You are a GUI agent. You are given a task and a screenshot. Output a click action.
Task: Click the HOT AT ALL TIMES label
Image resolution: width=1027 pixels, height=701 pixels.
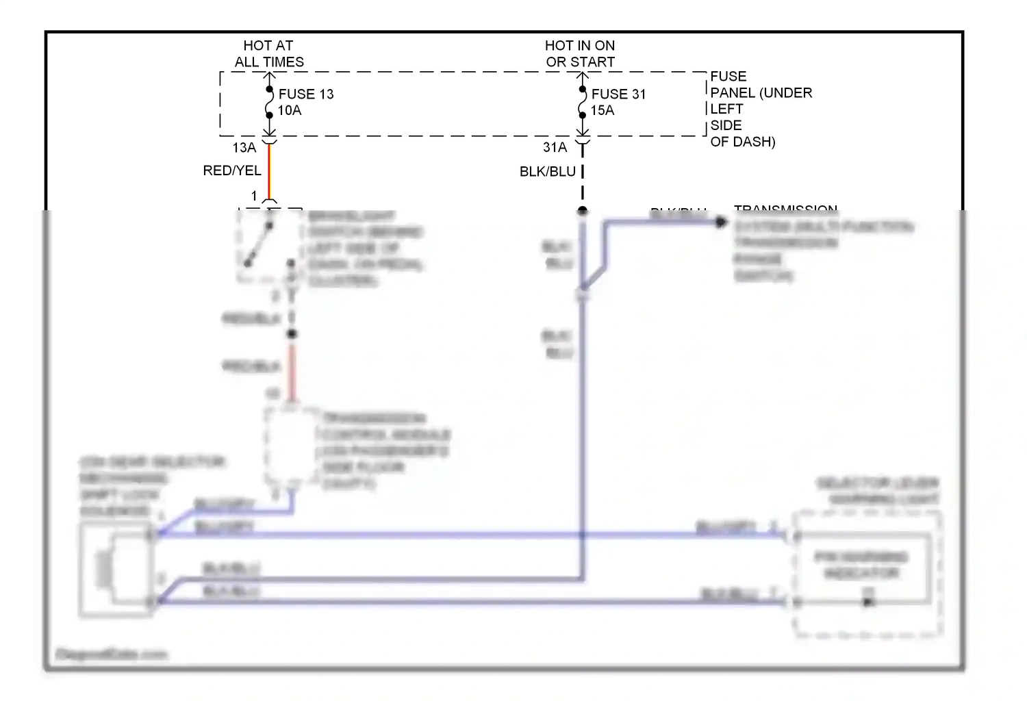coord(268,53)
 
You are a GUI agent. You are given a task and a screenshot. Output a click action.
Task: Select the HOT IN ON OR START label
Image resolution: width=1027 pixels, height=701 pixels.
coord(580,53)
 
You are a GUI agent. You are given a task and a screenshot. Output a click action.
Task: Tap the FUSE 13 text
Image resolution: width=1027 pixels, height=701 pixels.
coord(306,94)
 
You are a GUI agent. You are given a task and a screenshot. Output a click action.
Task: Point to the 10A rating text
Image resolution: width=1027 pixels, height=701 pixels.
coord(289,110)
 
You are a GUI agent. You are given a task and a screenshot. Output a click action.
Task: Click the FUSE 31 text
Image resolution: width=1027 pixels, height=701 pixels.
coord(618,94)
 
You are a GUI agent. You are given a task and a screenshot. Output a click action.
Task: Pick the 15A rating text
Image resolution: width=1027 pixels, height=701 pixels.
coord(602,110)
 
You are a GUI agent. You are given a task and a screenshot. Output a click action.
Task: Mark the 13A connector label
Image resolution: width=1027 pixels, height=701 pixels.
coord(244,147)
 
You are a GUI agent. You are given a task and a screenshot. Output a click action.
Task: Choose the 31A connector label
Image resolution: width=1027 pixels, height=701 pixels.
coord(555,147)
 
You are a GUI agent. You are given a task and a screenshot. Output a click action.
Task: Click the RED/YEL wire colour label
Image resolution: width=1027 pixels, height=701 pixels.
coord(231,170)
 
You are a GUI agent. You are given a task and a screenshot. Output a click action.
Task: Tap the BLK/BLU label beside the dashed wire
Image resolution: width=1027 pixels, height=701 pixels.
coord(547,172)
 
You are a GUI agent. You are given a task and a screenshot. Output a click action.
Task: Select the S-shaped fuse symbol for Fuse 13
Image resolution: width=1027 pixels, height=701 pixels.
coord(269,103)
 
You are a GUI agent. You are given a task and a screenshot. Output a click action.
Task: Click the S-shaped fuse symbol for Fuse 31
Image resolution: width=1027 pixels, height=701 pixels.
coord(582,103)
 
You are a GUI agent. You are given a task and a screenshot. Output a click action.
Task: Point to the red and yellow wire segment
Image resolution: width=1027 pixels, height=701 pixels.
coord(269,171)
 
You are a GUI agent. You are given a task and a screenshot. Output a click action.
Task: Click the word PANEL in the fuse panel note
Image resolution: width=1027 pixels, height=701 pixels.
coord(733,92)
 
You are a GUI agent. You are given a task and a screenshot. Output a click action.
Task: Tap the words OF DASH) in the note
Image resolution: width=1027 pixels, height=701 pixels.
coord(743,142)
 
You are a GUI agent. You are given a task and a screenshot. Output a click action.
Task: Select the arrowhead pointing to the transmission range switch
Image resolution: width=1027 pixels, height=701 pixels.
coord(720,222)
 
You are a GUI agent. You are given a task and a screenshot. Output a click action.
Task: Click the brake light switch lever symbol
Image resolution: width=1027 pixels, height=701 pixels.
coord(259,244)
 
